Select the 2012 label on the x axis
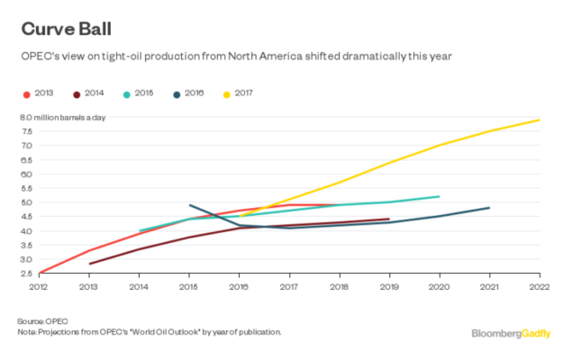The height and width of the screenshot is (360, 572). [x=39, y=286]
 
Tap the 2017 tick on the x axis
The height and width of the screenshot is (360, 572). [x=289, y=286]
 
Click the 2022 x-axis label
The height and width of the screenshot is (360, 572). [x=539, y=286]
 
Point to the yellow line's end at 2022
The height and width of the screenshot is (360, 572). [x=539, y=120]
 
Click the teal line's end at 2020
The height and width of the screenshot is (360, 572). [x=439, y=196]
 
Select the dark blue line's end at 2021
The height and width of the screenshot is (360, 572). [x=489, y=208]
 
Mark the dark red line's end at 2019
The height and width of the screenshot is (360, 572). [x=388, y=219]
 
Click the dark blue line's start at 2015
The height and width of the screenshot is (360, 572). [x=189, y=205]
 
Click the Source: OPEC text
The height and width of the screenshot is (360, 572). [x=42, y=320]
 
